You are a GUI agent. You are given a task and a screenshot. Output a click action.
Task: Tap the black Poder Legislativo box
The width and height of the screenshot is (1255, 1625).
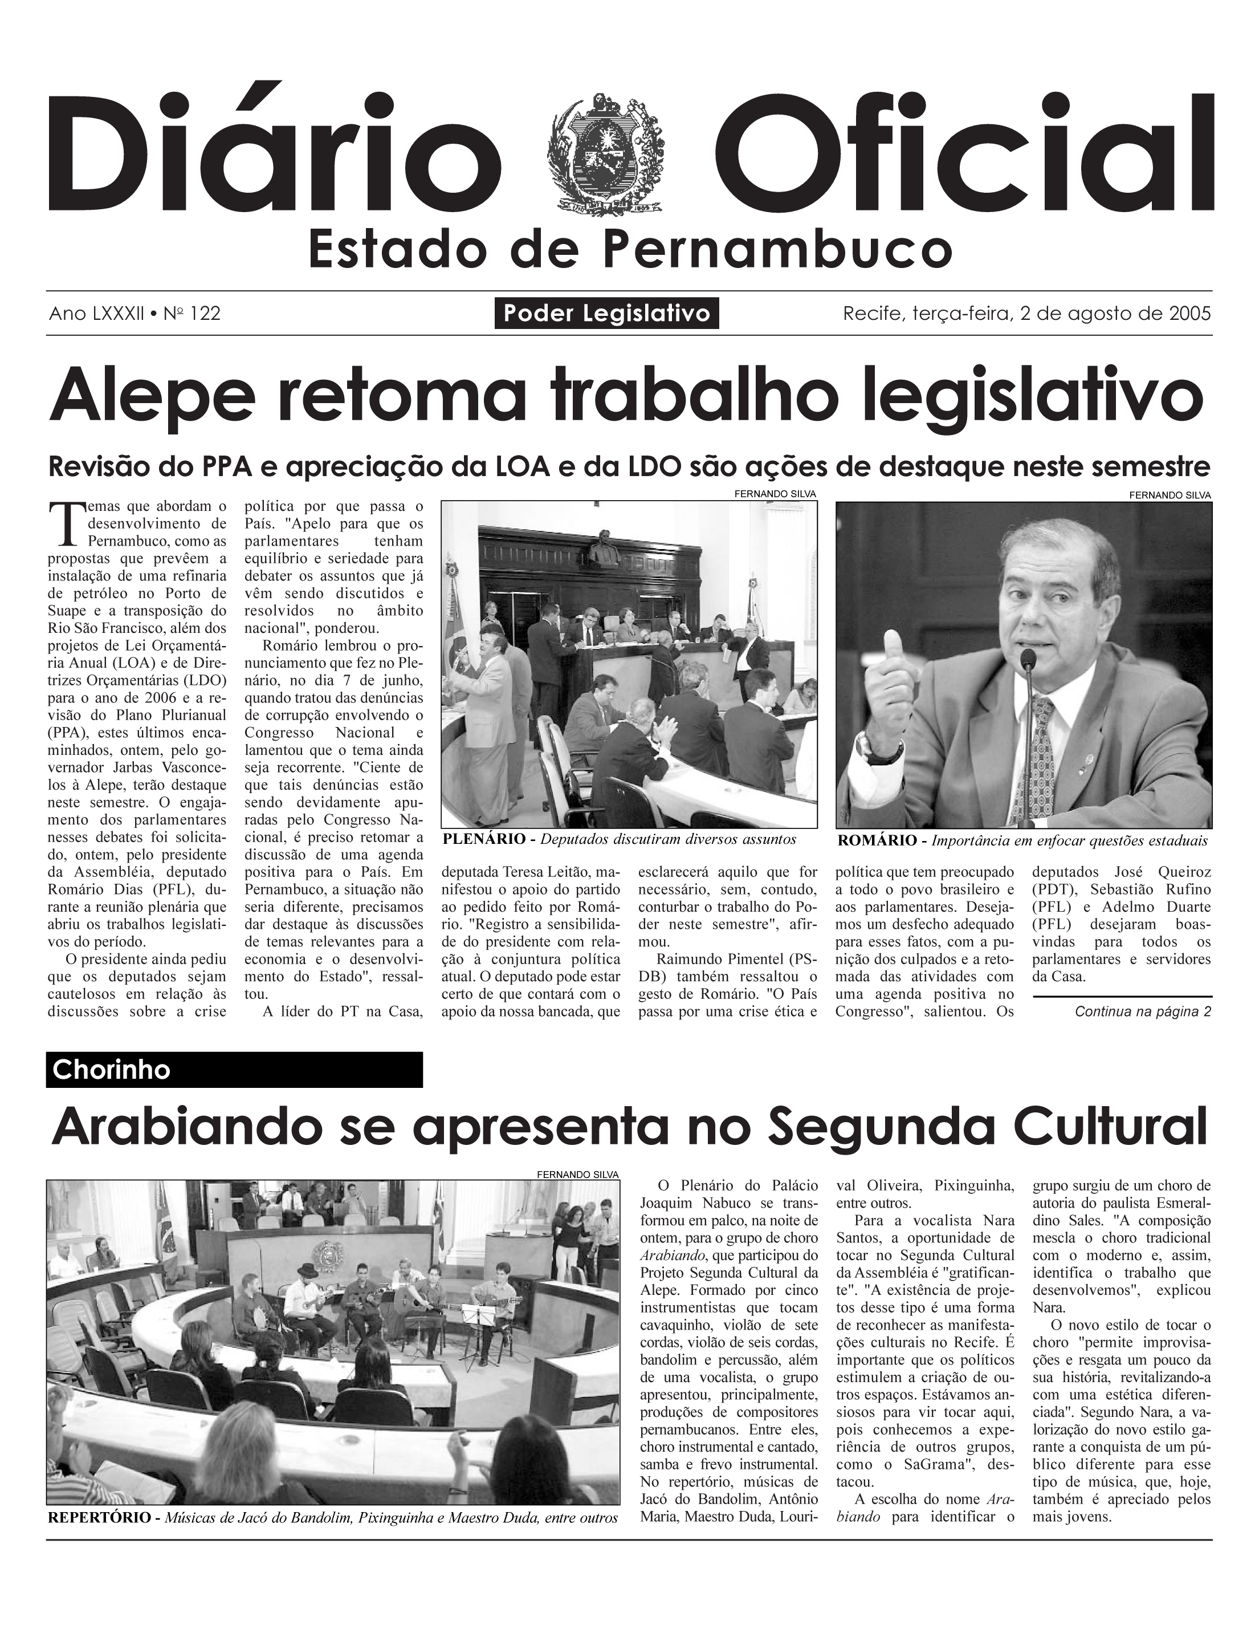606,313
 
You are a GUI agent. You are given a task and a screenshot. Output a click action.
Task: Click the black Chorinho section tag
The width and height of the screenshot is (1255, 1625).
234,1070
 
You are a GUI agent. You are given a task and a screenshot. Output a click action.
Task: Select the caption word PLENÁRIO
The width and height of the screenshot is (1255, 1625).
483,840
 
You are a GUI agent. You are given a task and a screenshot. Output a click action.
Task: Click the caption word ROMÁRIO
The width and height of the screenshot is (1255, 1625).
877,842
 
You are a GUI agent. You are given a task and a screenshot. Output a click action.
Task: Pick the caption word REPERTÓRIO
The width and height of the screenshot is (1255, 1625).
100,1518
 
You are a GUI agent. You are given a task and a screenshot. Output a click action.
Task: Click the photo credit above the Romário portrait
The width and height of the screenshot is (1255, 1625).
1170,495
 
